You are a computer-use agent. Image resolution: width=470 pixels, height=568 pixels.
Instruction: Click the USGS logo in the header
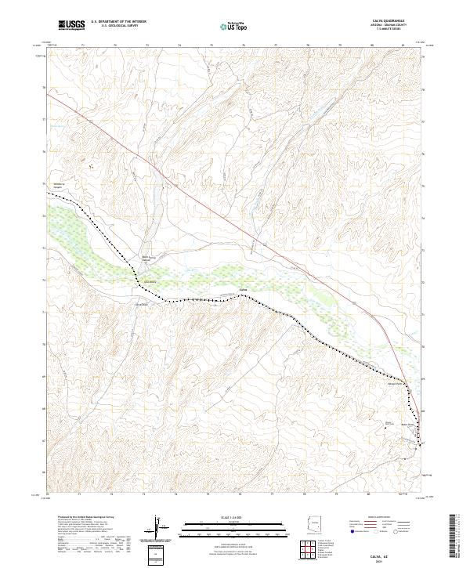71,26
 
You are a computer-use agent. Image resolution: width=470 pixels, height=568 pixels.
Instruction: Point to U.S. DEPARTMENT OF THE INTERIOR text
118,22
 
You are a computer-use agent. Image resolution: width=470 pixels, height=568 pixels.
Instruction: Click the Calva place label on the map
243,289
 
